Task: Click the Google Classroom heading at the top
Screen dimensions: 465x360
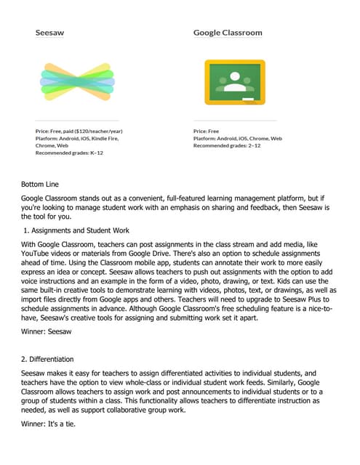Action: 228,32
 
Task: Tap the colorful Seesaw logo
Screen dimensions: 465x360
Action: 77,80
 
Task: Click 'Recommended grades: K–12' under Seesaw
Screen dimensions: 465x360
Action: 69,153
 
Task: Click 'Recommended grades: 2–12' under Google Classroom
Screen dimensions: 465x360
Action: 228,145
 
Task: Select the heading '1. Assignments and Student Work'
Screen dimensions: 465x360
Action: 81,230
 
